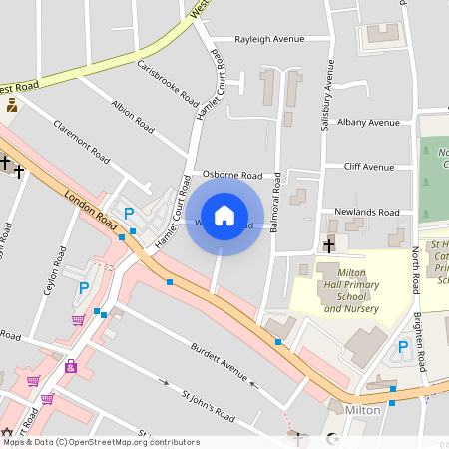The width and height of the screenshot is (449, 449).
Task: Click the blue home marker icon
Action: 224,216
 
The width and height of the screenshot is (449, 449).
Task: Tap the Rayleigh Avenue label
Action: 269,39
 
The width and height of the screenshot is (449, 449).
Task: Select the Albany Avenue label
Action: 368,122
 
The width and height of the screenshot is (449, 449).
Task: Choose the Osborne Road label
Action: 231,174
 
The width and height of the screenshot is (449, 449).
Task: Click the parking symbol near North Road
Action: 403,347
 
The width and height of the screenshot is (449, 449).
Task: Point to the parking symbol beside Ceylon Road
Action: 84,287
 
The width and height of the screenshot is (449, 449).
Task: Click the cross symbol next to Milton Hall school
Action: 328,245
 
